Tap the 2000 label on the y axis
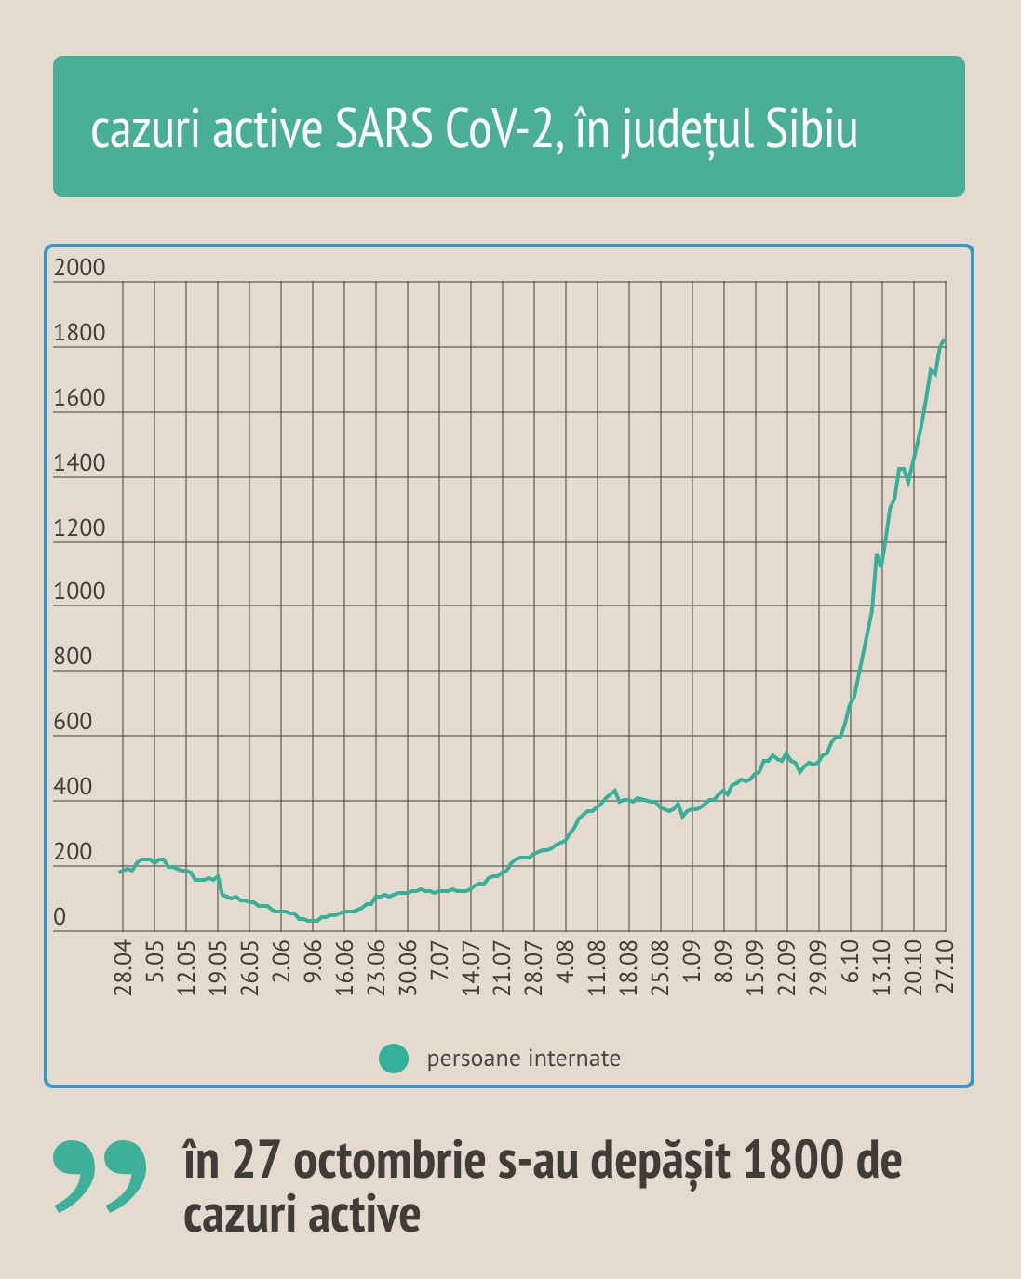[80, 268]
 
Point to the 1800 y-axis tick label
[80, 333]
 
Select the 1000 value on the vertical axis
[80, 592]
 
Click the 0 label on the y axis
[60, 917]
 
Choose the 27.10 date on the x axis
[946, 967]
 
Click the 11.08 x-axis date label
[598, 967]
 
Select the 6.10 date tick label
[851, 967]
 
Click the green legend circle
[394, 1059]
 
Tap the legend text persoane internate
[523, 1059]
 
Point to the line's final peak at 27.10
[944, 340]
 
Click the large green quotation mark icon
[101, 1176]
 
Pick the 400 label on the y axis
[74, 787]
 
